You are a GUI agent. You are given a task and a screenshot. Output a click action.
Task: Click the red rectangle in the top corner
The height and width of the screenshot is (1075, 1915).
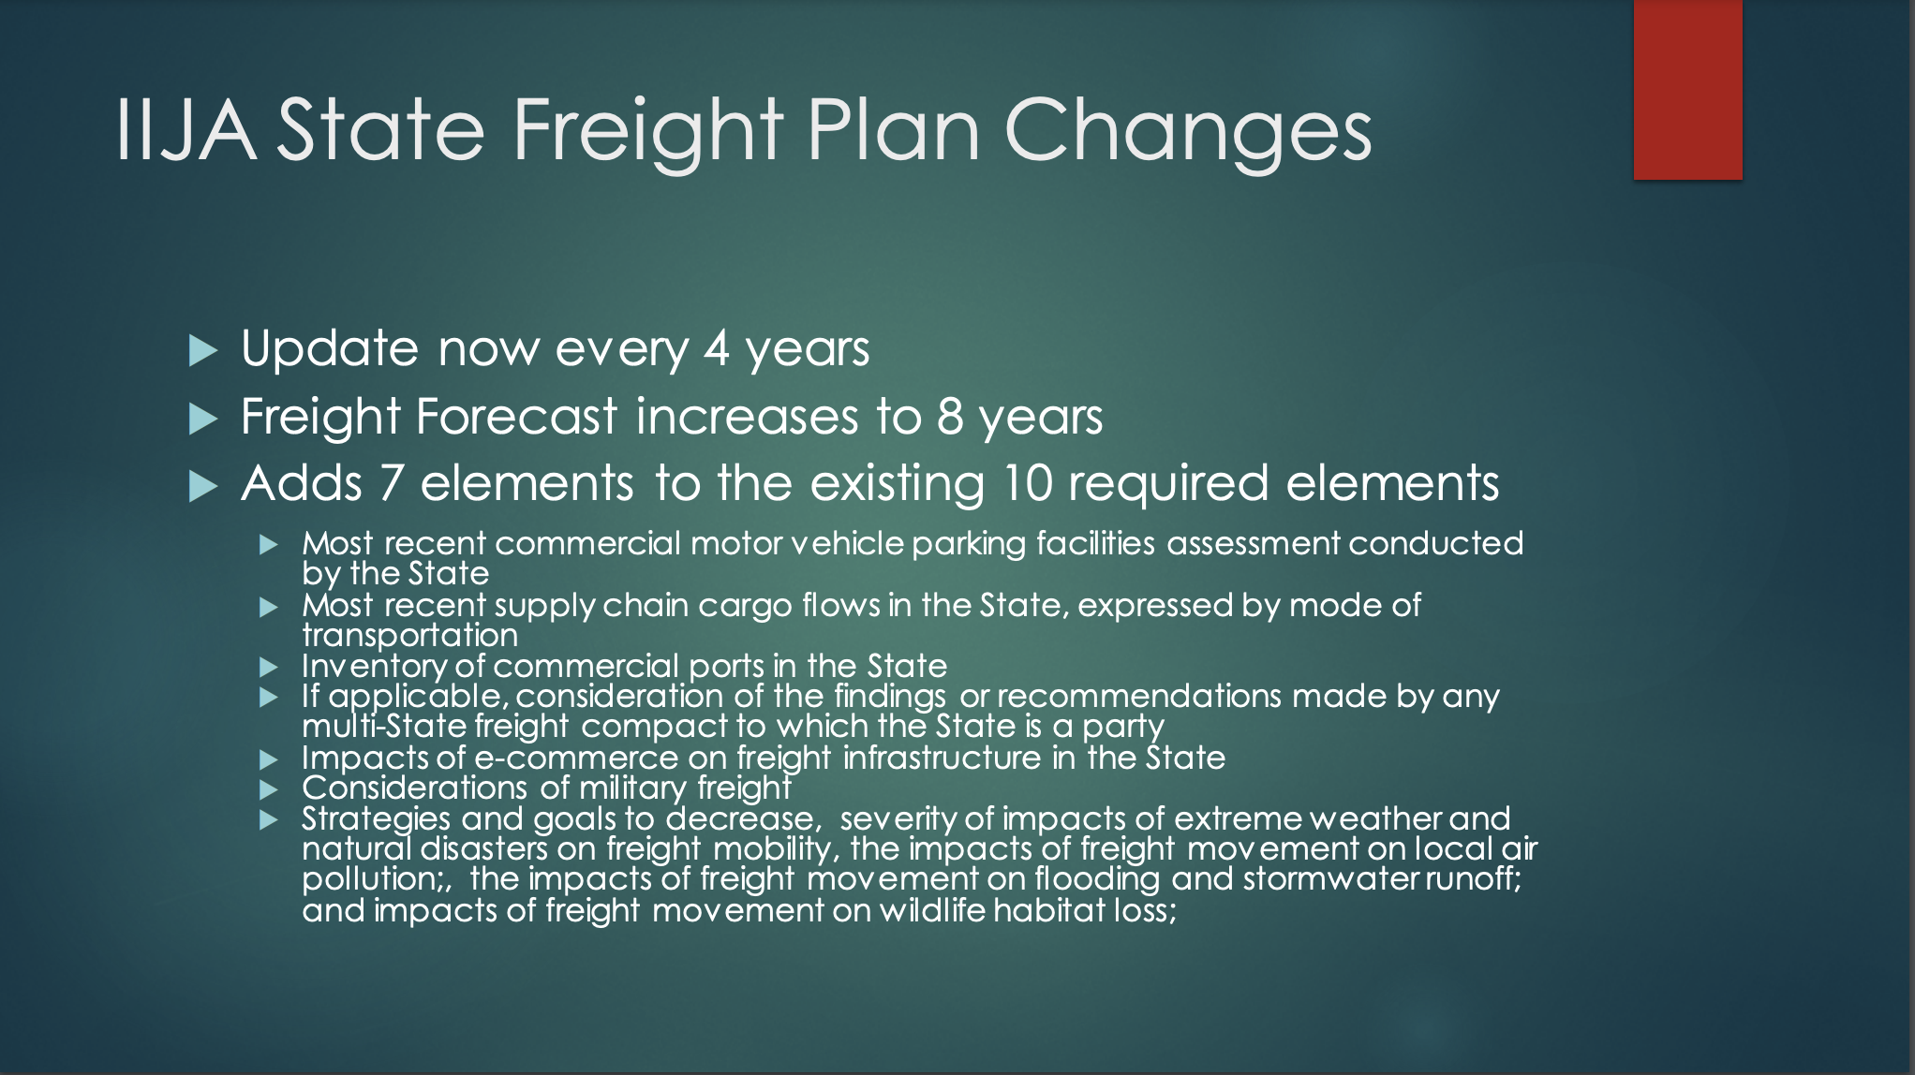1687,89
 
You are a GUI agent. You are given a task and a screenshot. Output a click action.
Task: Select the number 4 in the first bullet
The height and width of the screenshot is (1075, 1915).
717,347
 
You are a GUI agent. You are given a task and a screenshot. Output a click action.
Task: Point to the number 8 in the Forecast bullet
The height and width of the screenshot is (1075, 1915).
950,416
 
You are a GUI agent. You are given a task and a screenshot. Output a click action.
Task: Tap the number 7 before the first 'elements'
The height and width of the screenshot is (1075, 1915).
392,483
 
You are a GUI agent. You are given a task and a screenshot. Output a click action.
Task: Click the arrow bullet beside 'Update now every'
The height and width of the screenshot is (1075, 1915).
202,351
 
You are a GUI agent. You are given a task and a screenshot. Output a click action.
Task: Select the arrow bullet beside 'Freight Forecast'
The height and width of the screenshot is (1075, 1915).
202,419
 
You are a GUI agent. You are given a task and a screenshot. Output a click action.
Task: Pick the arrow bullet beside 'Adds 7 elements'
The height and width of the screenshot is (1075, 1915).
202,486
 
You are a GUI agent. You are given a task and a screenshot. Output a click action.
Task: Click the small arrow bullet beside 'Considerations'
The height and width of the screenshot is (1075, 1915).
269,789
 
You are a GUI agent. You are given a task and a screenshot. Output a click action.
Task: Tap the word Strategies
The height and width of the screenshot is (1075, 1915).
376,819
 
